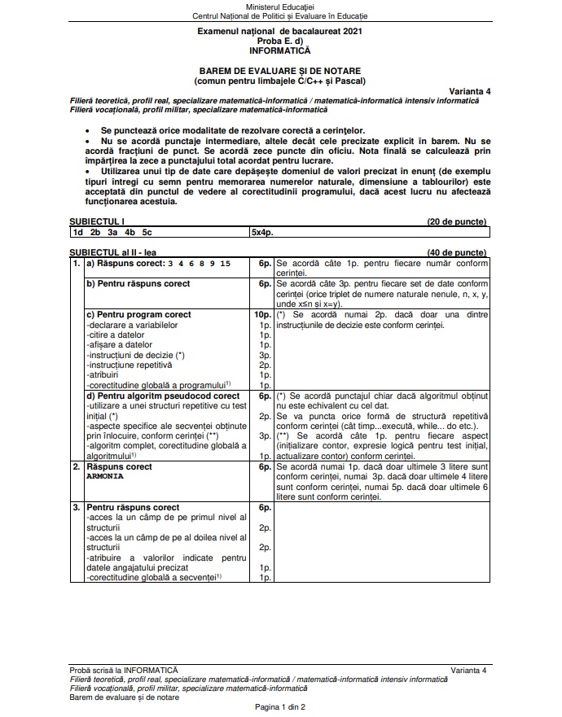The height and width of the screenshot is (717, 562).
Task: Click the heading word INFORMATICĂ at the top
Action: (279, 50)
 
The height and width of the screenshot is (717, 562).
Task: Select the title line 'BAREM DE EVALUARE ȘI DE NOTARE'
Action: (279, 72)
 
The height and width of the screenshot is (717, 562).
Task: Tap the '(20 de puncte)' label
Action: (457, 221)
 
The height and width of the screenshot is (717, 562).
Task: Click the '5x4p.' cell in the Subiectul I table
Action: (262, 232)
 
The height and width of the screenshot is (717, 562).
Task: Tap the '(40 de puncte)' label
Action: (457, 253)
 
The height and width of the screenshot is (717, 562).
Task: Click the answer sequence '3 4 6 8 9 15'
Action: (199, 265)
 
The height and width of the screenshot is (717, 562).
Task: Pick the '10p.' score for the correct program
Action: (261, 314)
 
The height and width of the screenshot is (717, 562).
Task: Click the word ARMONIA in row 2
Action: (105, 476)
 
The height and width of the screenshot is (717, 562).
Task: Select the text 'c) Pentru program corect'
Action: (138, 314)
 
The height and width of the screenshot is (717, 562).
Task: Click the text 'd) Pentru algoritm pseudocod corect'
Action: (163, 396)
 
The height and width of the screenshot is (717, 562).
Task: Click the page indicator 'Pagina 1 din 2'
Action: (280, 707)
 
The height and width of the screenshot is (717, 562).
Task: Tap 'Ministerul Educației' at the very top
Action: (279, 7)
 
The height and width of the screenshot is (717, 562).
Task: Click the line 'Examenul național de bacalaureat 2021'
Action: (279, 30)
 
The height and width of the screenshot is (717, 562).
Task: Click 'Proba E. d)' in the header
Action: (279, 41)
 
